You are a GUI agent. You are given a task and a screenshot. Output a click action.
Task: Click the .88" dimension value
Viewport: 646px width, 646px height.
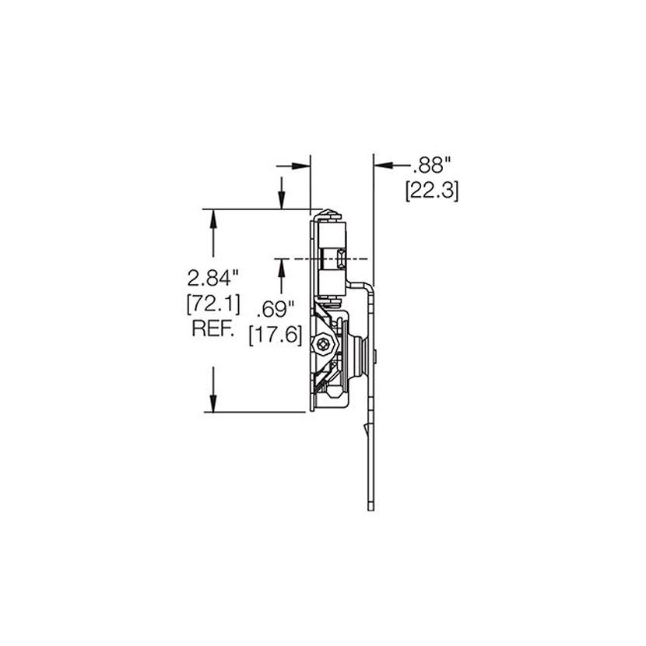click(x=432, y=165)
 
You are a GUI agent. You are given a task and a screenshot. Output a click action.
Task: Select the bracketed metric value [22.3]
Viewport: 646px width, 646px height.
click(x=432, y=190)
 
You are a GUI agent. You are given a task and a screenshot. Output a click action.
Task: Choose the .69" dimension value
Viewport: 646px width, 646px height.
click(x=274, y=310)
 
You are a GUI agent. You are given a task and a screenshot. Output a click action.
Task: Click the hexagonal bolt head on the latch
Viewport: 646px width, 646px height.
click(x=322, y=342)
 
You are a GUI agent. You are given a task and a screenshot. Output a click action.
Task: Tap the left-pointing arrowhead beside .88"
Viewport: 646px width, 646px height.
click(x=383, y=165)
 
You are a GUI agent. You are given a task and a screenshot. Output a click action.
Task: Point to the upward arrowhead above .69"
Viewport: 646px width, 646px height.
click(x=281, y=266)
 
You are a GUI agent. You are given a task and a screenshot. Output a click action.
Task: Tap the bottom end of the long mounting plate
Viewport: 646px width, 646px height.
click(x=370, y=507)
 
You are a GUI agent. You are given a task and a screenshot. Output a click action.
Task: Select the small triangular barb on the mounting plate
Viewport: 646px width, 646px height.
click(x=364, y=429)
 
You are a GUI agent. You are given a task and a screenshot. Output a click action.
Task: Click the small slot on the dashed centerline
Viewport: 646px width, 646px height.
click(x=342, y=257)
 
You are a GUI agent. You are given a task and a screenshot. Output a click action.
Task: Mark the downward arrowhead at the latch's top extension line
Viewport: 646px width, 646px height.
click(x=281, y=202)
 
